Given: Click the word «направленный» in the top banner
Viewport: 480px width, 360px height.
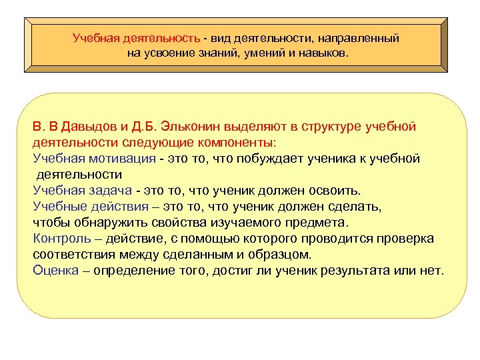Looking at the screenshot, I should pos(361,39).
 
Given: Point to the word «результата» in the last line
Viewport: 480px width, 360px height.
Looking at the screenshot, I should pos(369,271).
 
